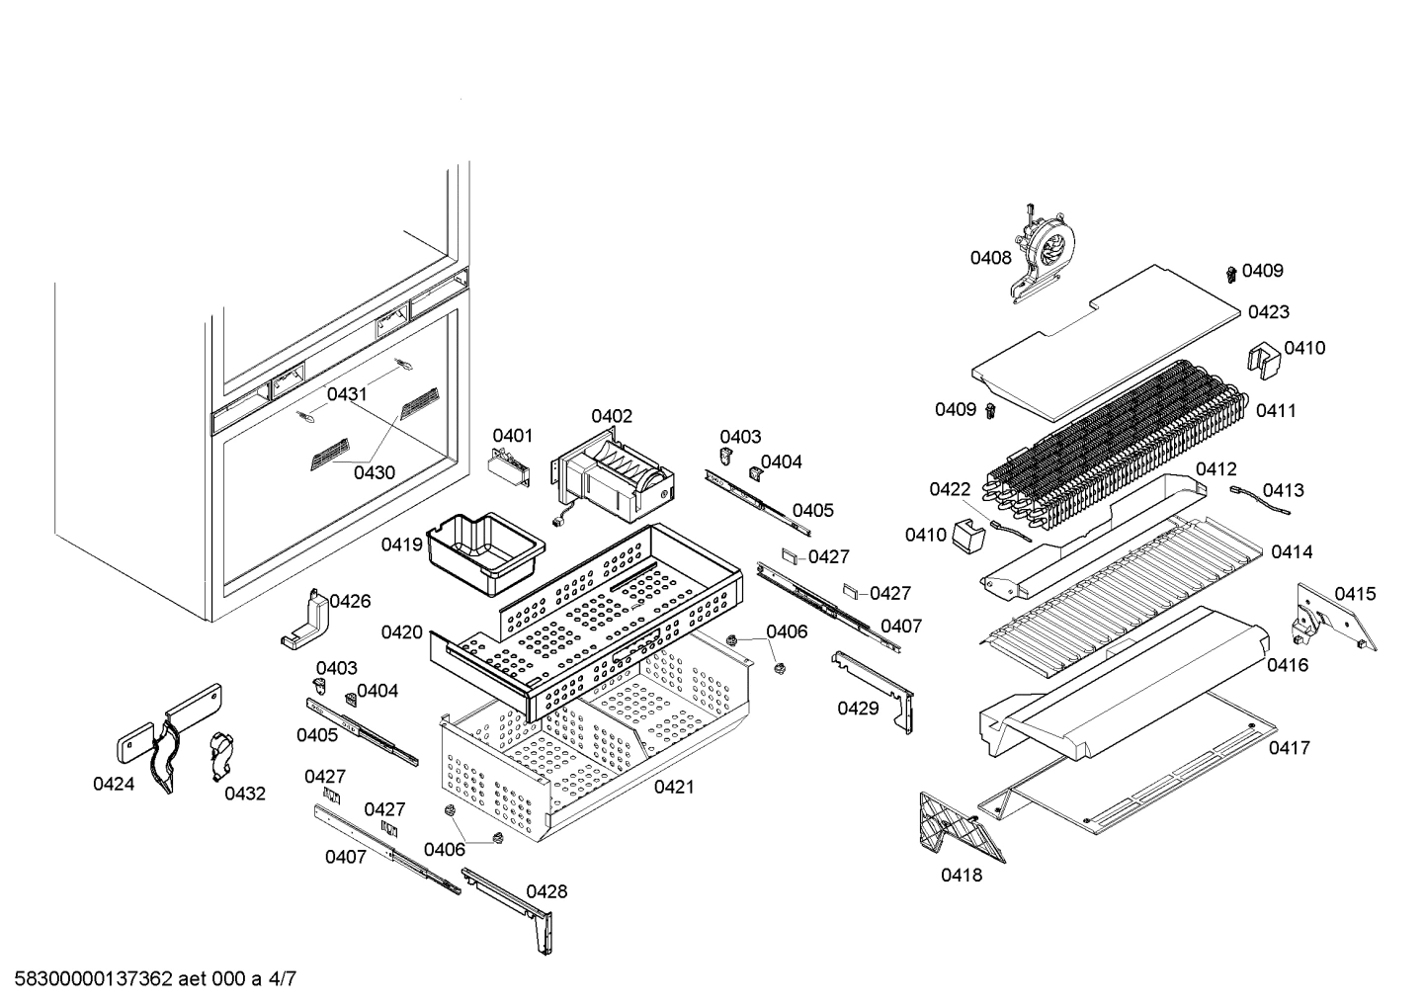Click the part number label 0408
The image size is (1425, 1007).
990,258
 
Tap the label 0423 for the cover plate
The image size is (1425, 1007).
1268,312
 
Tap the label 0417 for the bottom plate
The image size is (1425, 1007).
1289,748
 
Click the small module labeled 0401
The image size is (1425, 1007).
510,468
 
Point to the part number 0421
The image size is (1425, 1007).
673,787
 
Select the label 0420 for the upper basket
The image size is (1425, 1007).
402,632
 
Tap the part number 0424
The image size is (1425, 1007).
114,784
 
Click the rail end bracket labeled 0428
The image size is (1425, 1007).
514,904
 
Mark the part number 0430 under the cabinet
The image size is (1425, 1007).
375,472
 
